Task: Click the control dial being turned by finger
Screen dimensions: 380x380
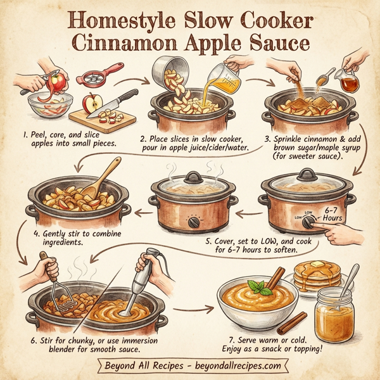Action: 308,223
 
